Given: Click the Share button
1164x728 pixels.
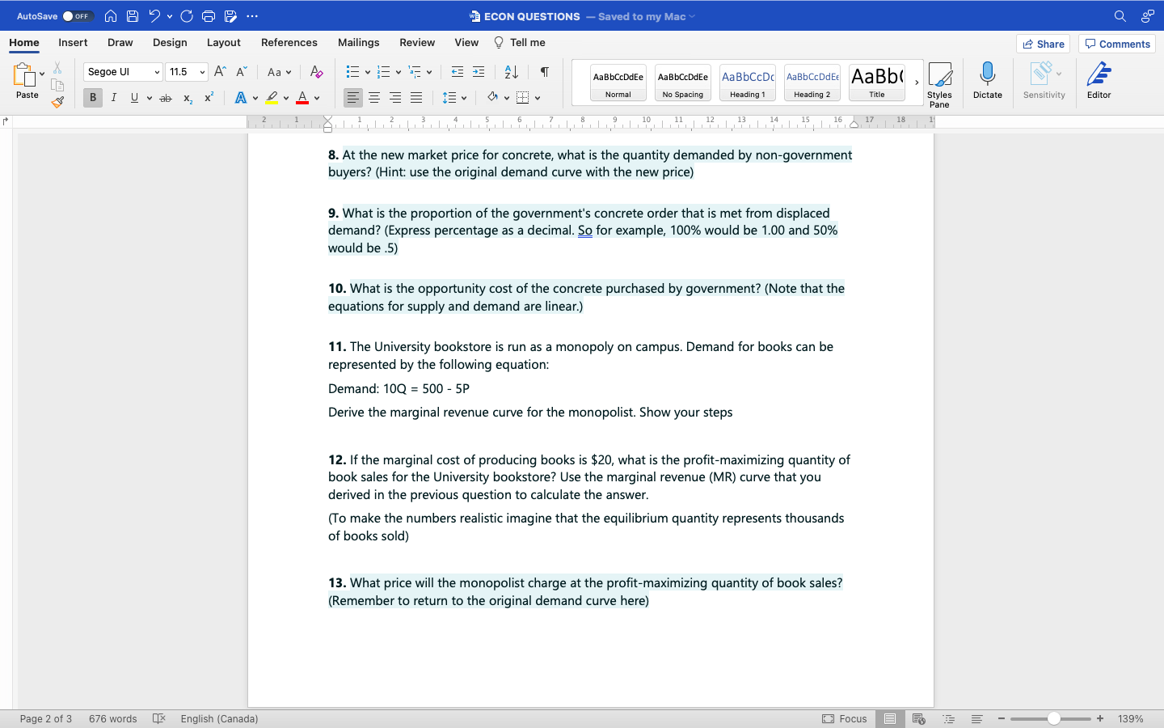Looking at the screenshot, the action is click(1043, 44).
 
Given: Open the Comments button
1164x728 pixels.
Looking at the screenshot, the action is click(1117, 44).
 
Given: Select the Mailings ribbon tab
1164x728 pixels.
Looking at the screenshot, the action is click(358, 43).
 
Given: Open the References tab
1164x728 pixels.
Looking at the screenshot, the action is click(289, 43).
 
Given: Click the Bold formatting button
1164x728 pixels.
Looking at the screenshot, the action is click(93, 98).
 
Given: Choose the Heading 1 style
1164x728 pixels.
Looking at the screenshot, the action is click(747, 83).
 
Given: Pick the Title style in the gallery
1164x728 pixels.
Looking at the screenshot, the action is click(876, 83).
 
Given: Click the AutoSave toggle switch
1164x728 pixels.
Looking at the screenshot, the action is click(78, 16).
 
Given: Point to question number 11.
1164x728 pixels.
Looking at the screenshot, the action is click(336, 347).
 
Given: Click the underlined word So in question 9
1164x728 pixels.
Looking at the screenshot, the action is click(585, 231).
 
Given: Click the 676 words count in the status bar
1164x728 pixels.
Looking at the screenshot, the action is click(112, 719).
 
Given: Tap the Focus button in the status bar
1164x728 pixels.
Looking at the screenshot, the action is click(845, 719).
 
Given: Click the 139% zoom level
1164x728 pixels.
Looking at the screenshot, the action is click(1130, 719).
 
